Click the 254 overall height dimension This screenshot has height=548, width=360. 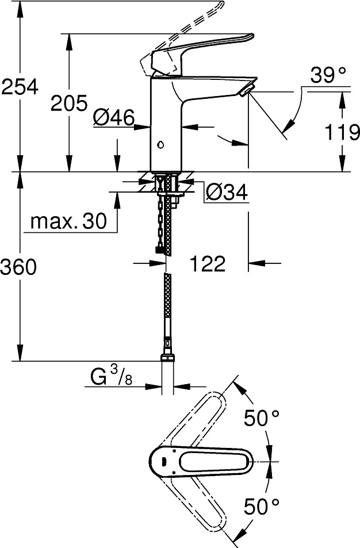(20, 86)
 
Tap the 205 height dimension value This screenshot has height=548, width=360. (69, 103)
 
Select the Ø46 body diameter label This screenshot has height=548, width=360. (114, 117)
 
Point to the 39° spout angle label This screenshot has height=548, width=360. (328, 75)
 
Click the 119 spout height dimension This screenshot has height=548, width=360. (342, 132)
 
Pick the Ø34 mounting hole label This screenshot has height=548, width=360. (227, 192)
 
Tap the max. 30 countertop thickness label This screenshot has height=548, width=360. (68, 221)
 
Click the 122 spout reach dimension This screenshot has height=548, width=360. (207, 263)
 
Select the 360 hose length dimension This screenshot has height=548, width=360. (18, 267)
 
